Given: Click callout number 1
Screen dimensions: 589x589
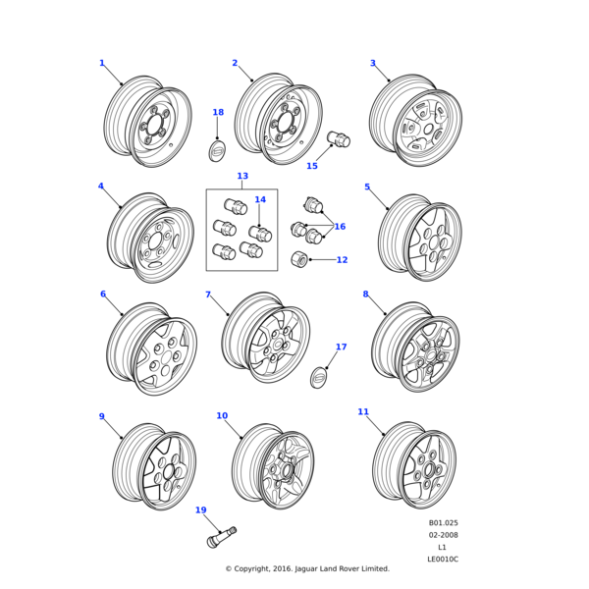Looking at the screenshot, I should click(101, 64).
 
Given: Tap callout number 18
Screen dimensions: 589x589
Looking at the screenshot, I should click(218, 113).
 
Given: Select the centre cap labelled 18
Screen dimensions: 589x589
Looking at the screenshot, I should click(217, 150).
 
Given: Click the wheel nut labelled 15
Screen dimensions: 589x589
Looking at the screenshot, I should click(339, 139).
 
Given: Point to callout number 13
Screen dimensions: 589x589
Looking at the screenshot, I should click(242, 177).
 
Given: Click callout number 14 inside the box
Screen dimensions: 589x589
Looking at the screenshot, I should click(260, 200).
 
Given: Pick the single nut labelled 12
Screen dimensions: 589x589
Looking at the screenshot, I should click(300, 259).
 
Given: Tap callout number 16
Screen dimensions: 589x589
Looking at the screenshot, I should click(340, 227).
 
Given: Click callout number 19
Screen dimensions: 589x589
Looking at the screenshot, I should click(200, 510).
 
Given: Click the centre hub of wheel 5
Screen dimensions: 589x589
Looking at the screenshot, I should click(428, 242).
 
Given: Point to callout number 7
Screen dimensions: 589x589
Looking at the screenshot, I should click(208, 294).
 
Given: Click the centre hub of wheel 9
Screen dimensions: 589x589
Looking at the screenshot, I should click(168, 471).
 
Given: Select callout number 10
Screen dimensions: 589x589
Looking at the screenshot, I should click(222, 416).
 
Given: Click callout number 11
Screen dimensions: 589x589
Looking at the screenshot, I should click(363, 412).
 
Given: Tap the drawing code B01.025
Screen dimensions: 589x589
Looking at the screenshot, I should click(443, 523).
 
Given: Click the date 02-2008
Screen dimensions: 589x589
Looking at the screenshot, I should click(443, 535).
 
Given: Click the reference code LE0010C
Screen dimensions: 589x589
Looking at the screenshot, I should click(443, 560).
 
